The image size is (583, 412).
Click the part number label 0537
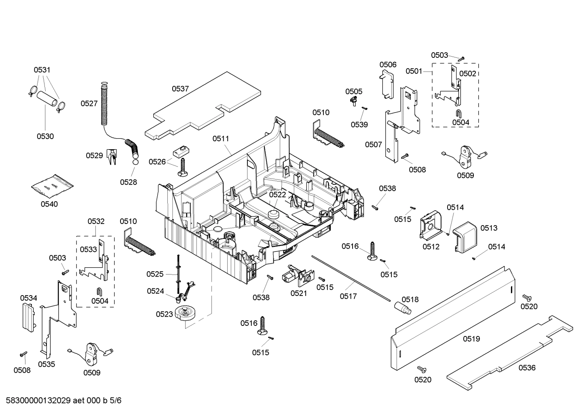180,89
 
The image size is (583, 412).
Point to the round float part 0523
186,314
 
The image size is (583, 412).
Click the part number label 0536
527,368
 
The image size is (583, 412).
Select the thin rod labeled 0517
352,278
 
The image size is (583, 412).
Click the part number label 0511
221,139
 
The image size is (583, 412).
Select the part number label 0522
277,194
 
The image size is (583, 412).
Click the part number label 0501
414,71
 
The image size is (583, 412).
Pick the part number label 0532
96,221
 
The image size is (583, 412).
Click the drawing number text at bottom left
61,401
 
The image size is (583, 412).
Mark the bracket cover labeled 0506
387,84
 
